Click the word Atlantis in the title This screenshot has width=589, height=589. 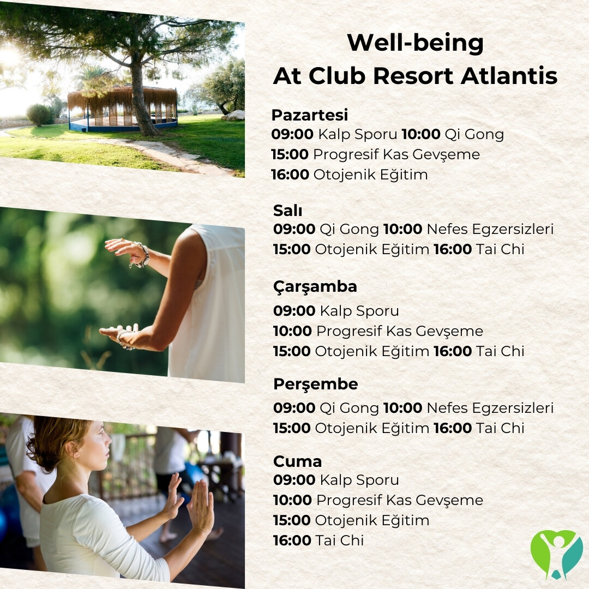pyautogui.click(x=509, y=76)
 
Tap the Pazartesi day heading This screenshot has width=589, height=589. pyautogui.click(x=310, y=115)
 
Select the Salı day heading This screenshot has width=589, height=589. pyautogui.click(x=287, y=211)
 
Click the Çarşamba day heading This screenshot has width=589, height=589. pyautogui.click(x=315, y=287)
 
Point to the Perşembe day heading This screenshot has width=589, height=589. pyautogui.click(x=316, y=384)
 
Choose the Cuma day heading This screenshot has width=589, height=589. pyautogui.click(x=298, y=462)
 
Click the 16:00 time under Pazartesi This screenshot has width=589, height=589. pyautogui.click(x=290, y=175)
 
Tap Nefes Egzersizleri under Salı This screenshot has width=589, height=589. pyautogui.click(x=490, y=229)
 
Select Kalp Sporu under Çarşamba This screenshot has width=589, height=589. pyautogui.click(x=359, y=311)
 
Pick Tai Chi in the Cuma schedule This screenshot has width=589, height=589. pyautogui.click(x=340, y=540)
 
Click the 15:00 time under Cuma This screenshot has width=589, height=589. pyautogui.click(x=292, y=521)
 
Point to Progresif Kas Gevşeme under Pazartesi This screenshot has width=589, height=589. pyautogui.click(x=396, y=155)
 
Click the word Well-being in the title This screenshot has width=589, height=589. pyautogui.click(x=415, y=43)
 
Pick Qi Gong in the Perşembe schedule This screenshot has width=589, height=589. pyautogui.click(x=350, y=408)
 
